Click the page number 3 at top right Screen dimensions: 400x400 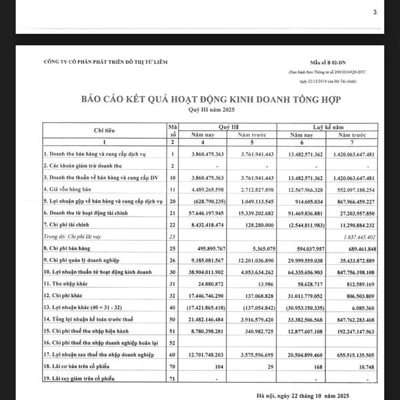pos(375,12)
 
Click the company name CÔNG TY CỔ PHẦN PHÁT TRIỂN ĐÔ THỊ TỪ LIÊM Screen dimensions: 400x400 pos(105,62)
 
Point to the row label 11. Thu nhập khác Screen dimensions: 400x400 pos(69,283)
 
